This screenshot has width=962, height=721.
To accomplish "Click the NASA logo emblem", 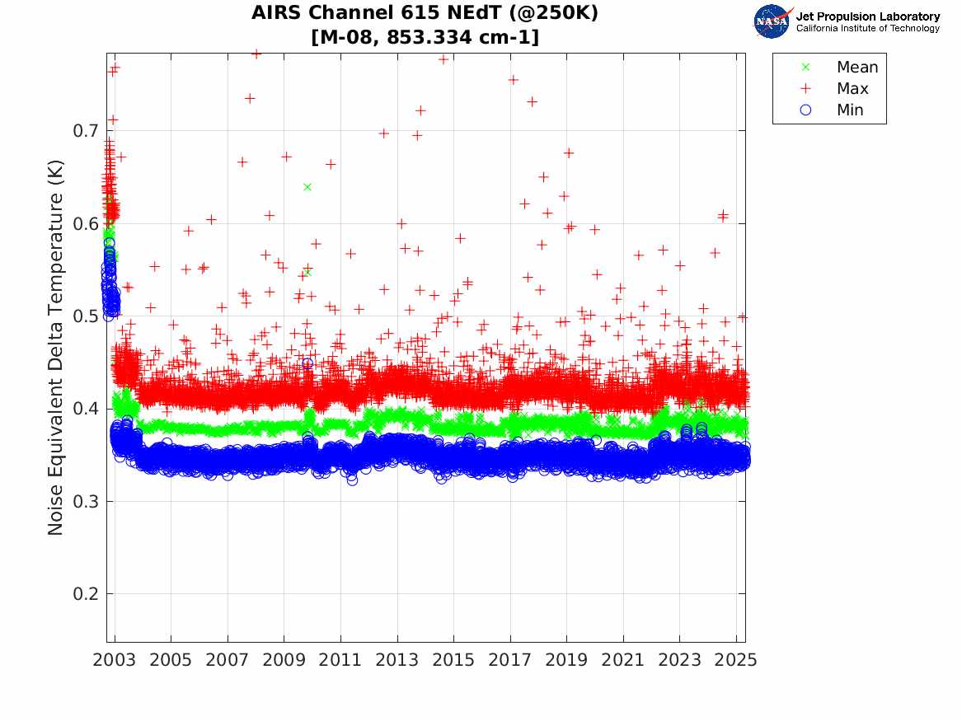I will tap(772, 21).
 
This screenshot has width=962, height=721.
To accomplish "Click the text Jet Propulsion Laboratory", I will tap(867, 16).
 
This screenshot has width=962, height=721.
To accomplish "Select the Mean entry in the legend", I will tap(856, 68).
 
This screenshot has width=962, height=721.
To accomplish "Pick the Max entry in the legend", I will tap(852, 89).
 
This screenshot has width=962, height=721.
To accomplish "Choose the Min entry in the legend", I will tap(850, 110).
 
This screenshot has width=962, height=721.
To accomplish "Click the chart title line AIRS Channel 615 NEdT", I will tap(425, 13).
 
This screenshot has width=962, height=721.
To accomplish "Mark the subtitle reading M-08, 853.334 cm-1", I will tap(425, 37).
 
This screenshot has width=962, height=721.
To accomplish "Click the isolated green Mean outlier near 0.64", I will tap(307, 187).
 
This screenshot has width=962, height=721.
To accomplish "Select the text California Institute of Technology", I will tap(867, 29).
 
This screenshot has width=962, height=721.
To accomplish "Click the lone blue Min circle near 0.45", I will tap(307, 363).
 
